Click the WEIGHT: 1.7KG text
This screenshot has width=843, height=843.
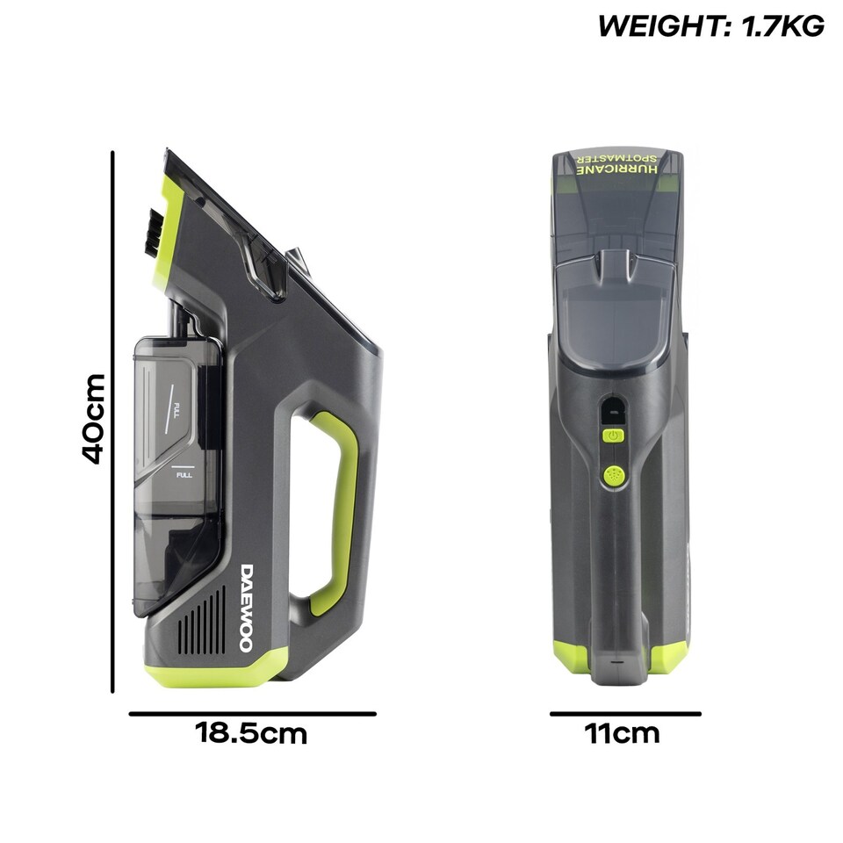tap(710, 26)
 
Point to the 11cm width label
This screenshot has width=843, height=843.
tap(622, 733)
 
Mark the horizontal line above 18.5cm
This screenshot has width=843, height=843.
tap(252, 714)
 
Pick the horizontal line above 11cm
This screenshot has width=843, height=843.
tap(625, 714)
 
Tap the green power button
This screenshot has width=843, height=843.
tap(613, 436)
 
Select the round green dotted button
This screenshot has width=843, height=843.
tap(613, 475)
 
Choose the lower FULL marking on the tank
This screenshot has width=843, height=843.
tap(184, 475)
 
